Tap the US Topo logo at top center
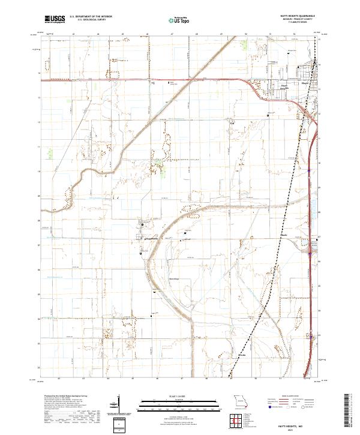point(179,19)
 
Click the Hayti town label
point(304,82)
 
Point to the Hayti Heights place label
point(285,86)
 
